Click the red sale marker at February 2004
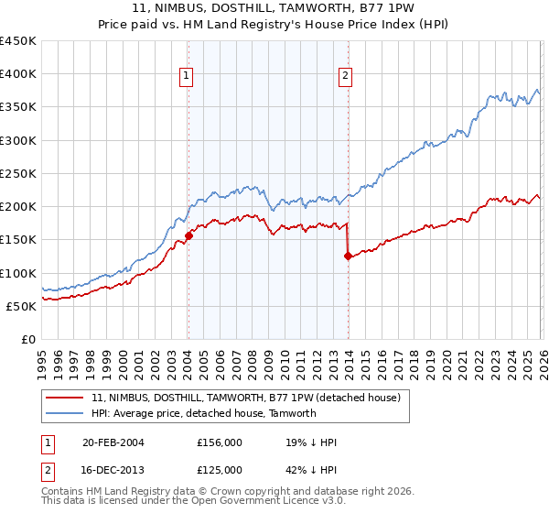click(x=188, y=235)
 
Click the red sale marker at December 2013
click(x=348, y=256)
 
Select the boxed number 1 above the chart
click(x=186, y=77)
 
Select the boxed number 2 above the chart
click(x=346, y=77)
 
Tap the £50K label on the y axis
click(x=21, y=306)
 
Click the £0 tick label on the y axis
click(x=27, y=339)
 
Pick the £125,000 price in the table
click(x=219, y=470)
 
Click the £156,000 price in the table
click(x=219, y=442)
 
